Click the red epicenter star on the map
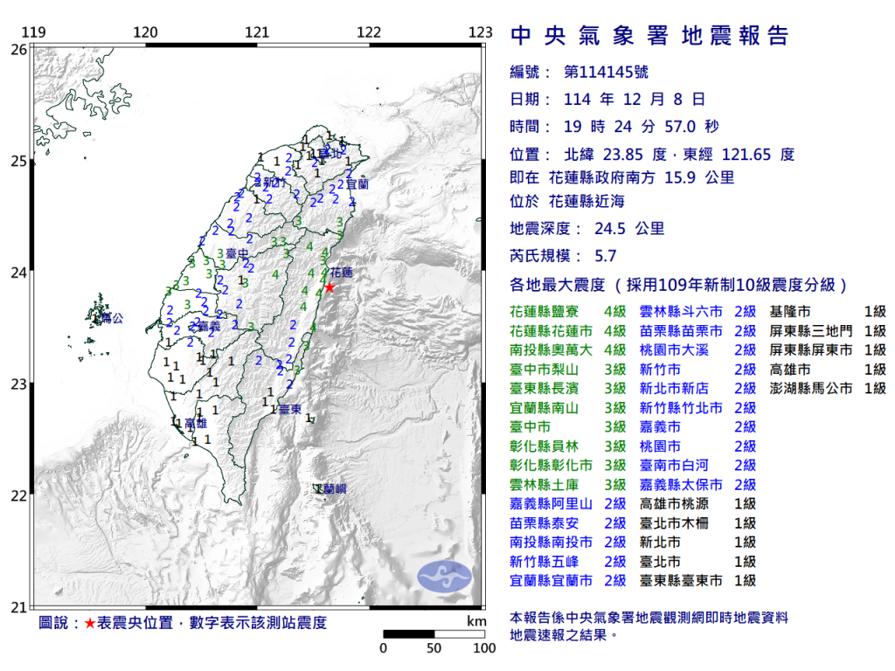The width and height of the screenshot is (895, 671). click(330, 287)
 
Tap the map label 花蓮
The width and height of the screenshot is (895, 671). click(343, 272)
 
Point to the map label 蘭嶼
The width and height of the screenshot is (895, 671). click(334, 489)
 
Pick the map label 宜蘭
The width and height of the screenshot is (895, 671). click(357, 185)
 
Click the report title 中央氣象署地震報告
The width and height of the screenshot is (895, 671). click(649, 36)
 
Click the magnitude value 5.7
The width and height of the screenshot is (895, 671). click(605, 256)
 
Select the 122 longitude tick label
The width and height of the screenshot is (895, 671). click(369, 33)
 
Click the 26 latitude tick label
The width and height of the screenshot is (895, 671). click(18, 50)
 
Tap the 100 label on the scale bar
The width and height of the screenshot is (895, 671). click(483, 648)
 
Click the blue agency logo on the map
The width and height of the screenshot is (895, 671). click(444, 574)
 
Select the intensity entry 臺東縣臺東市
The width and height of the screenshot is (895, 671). click(681, 580)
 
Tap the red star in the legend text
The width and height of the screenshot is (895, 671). click(90, 624)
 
